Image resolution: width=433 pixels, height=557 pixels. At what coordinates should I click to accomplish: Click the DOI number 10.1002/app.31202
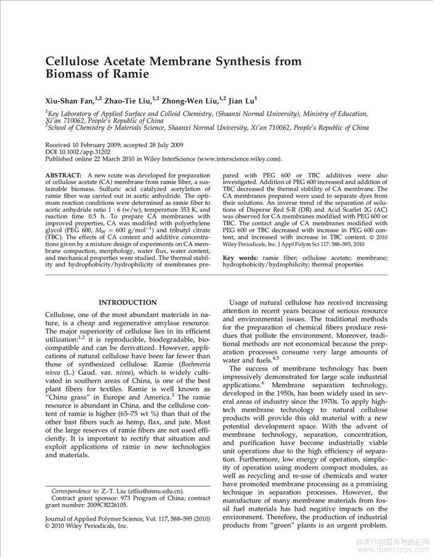81,151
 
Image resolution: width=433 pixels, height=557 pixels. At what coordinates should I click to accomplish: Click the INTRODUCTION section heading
127,303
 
